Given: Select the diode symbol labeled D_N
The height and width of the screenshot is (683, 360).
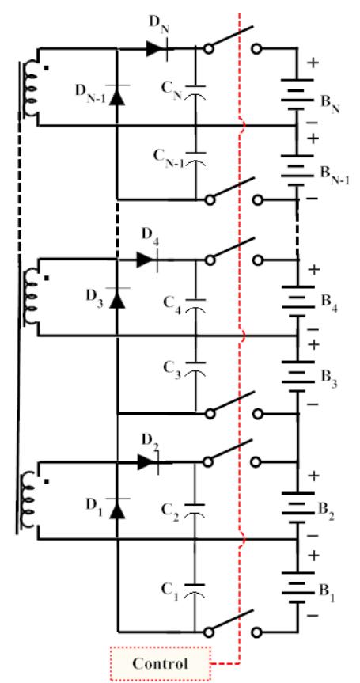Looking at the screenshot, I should tap(154, 49).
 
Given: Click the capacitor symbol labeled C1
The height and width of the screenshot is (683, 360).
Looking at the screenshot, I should tap(195, 590).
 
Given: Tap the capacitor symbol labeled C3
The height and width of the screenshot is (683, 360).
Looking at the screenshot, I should tap(195, 369).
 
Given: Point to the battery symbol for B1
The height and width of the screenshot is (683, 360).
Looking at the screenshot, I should tap(297, 590).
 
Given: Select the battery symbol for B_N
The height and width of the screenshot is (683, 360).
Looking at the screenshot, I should tap(297, 93).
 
